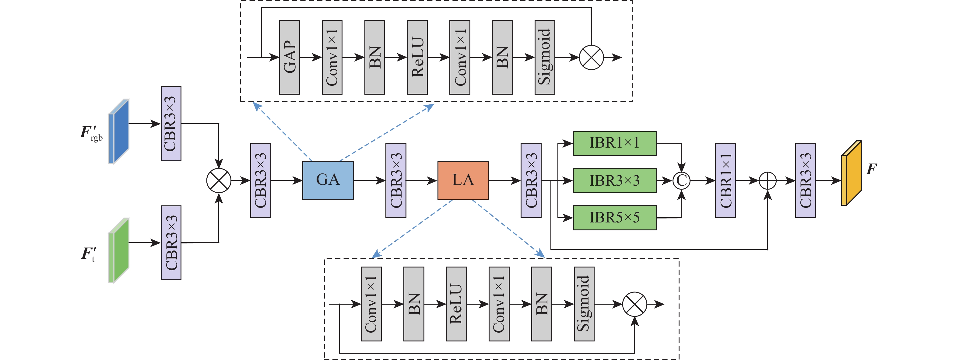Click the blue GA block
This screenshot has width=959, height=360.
click(328, 180)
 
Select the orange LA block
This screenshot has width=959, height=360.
click(463, 180)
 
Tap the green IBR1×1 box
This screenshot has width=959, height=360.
click(615, 143)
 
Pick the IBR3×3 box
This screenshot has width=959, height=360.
click(615, 180)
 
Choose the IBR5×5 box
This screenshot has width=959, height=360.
click(615, 217)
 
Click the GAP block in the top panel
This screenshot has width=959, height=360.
click(289, 57)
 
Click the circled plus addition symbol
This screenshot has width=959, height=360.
click(768, 181)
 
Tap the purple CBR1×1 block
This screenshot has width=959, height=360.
click(725, 180)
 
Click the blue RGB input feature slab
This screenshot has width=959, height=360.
click(119, 131)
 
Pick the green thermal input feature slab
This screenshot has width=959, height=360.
click(119, 250)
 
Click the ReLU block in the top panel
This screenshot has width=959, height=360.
click(417, 57)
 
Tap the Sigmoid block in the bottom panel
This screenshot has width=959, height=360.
click(584, 304)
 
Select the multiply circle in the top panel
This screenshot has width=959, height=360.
click(591, 57)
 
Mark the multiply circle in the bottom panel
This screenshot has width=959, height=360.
click(635, 304)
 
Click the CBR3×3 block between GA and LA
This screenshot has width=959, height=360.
click(396, 180)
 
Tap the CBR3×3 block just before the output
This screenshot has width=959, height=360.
click(805, 180)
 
